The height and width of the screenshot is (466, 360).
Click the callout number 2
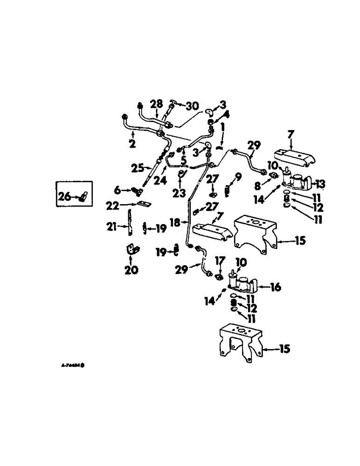click(x=132, y=145)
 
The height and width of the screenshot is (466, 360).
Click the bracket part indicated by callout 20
click(x=131, y=250)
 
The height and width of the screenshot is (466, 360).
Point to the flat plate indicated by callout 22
click(x=140, y=206)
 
